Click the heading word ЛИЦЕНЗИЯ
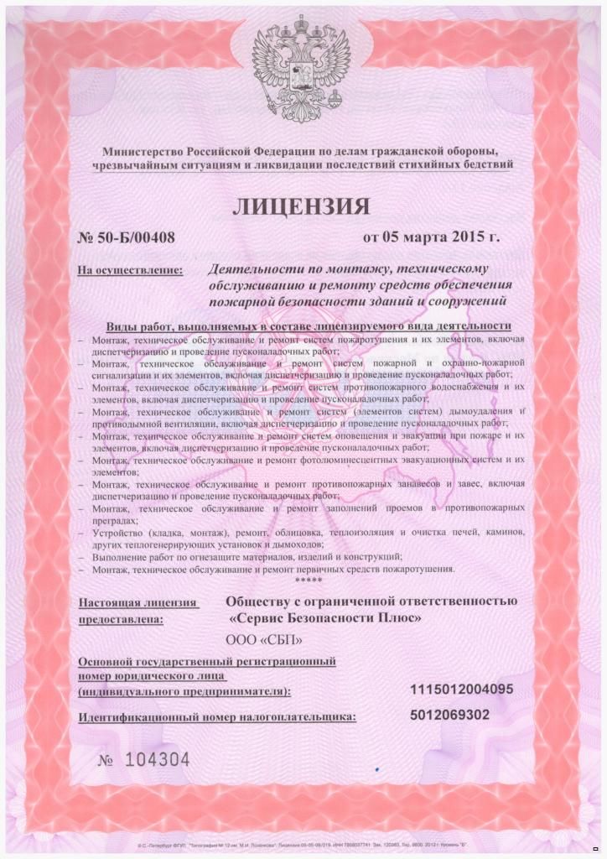click(x=301, y=205)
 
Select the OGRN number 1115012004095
click(x=462, y=690)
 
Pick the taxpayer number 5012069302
click(x=450, y=715)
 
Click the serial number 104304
click(x=157, y=760)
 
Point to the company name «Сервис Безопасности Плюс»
click(x=324, y=618)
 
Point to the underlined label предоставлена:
click(x=122, y=622)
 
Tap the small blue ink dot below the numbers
click(x=378, y=768)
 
